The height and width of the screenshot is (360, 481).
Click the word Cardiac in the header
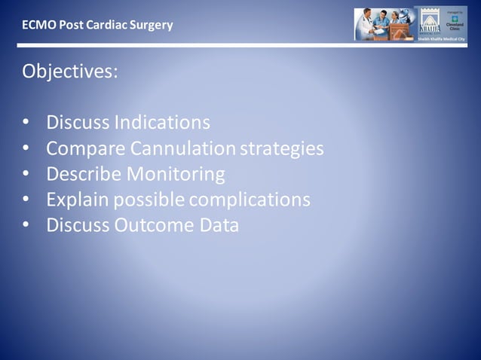[x=107, y=25]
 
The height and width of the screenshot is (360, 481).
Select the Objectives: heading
[x=69, y=72]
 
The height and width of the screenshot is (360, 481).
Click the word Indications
[x=162, y=122]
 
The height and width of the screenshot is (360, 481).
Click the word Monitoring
[x=176, y=175]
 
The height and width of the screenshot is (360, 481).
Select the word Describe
[x=84, y=175]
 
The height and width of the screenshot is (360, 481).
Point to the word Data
[x=219, y=225]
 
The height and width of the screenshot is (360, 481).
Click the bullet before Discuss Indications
[x=26, y=123]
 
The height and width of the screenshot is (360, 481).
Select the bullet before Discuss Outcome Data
[x=26, y=226]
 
